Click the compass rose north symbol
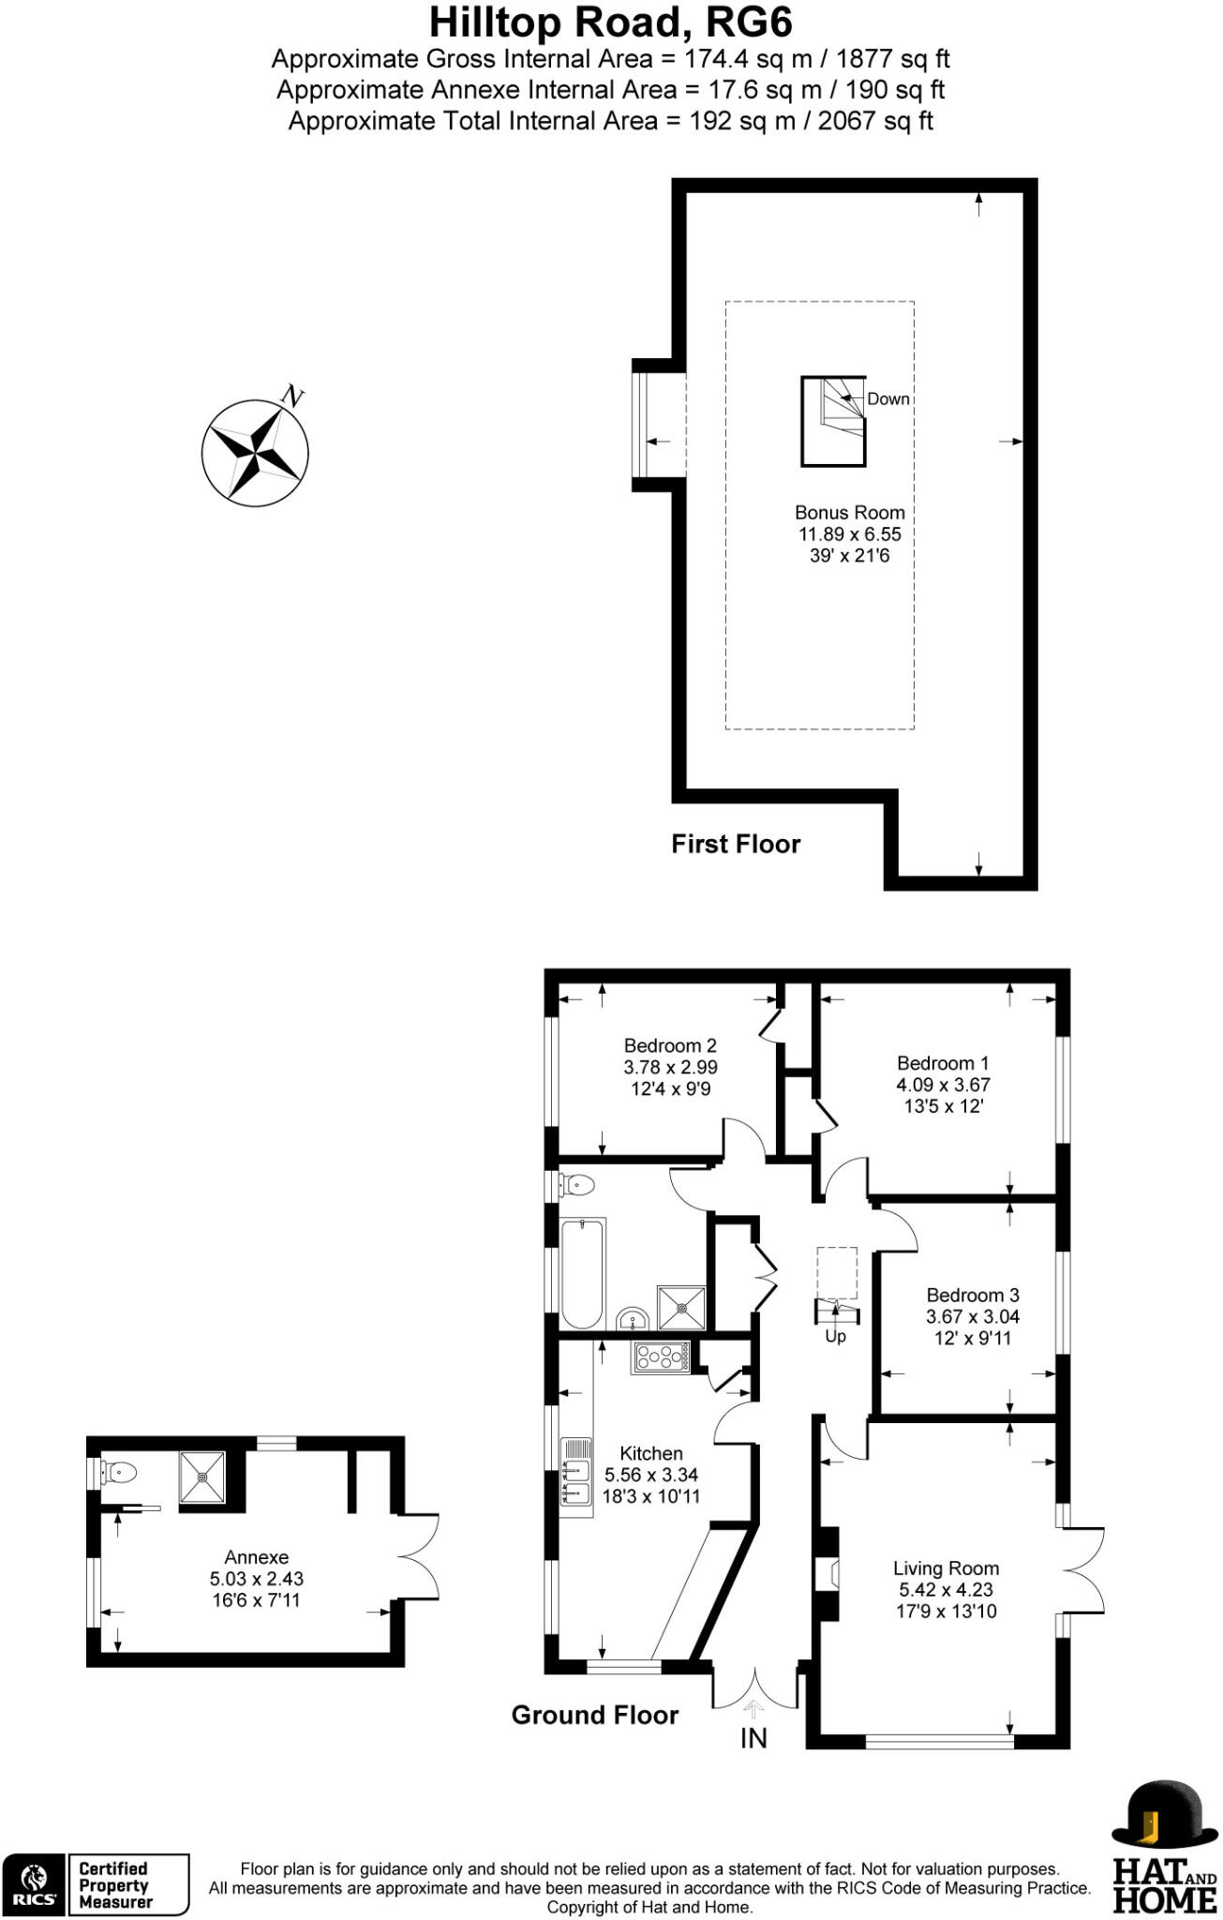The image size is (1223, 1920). [x=255, y=453]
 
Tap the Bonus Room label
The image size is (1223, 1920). [x=849, y=513]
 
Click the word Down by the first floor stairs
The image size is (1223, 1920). [x=887, y=399]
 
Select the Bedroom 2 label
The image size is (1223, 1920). [x=670, y=1045]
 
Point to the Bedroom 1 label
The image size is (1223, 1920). [x=943, y=1063]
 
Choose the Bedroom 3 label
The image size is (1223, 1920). [x=973, y=1295]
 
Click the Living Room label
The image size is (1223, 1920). [x=946, y=1568]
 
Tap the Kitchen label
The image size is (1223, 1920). [x=651, y=1453]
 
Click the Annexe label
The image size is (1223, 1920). [x=257, y=1557]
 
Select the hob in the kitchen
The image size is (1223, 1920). [x=662, y=1357]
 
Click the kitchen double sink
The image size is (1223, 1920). [x=575, y=1483]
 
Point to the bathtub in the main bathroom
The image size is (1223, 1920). [x=583, y=1272]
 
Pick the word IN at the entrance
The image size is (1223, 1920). [x=753, y=1739]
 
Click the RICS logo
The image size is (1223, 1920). [x=34, y=1884]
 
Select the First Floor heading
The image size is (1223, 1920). [x=736, y=844]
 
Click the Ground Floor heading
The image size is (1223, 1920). [x=594, y=1715]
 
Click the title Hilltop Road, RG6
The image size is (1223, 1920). [x=611, y=22]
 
